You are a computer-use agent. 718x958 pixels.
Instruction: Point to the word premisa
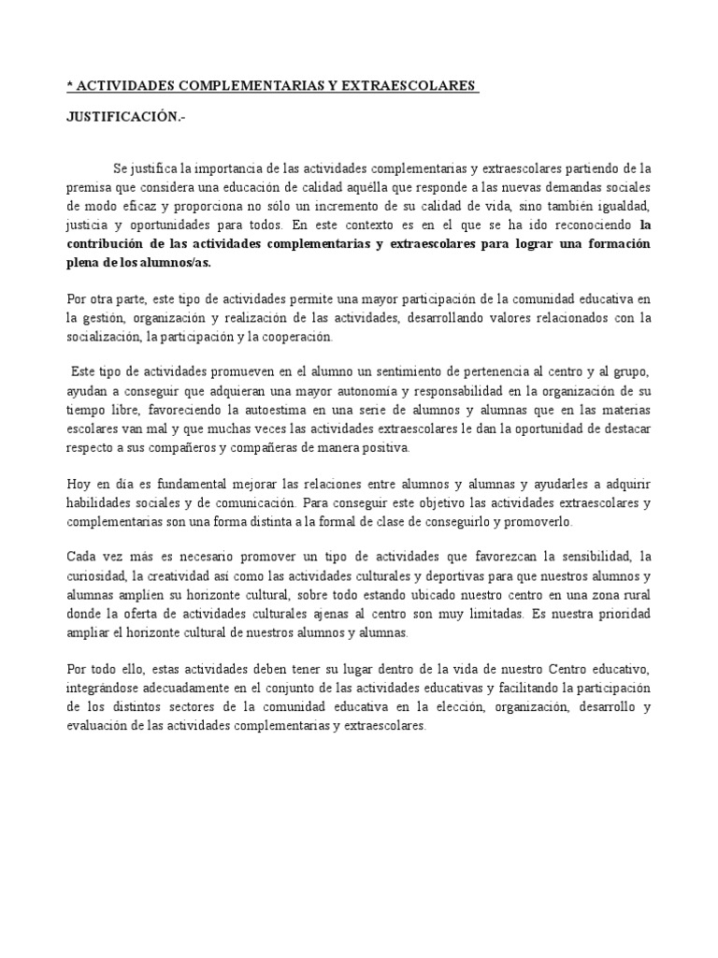(x=90, y=186)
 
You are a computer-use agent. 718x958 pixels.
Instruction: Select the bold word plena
(x=85, y=263)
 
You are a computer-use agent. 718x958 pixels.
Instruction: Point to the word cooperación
(x=307, y=337)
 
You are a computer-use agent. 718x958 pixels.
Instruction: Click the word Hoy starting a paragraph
(x=79, y=484)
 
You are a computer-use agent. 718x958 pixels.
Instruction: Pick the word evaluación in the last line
(x=102, y=725)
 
